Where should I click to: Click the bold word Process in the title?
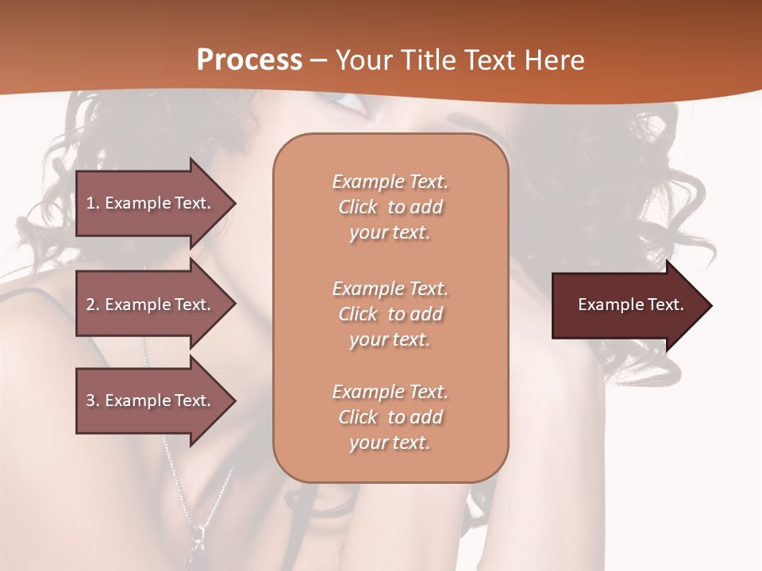coord(249,60)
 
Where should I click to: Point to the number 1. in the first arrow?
coord(93,203)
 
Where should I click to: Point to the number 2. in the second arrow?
coord(93,305)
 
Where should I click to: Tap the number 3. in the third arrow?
coord(93,400)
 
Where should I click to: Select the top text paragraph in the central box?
coord(390,207)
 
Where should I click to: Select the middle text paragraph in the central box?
coord(390,314)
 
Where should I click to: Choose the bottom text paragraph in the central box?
coord(390,417)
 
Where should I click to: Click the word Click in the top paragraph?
coord(358,208)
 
